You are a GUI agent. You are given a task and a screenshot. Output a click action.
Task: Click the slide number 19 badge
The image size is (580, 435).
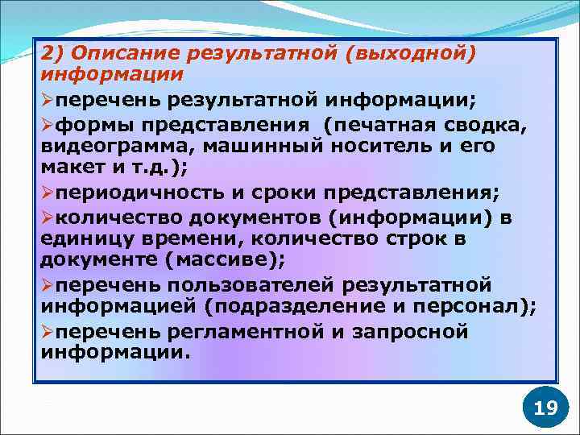tap(545, 407)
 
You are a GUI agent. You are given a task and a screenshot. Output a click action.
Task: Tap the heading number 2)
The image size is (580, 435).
tap(52, 54)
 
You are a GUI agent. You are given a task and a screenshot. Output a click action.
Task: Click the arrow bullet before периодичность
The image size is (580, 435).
tap(48, 194)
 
